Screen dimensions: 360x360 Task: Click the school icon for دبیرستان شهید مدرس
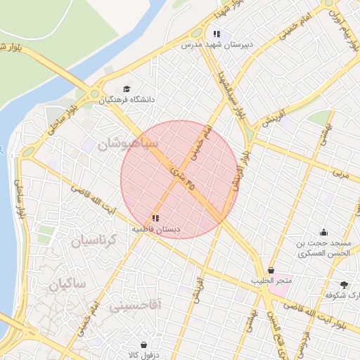(x=217, y=33)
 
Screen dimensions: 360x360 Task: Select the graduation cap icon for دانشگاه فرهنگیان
(x=127, y=89)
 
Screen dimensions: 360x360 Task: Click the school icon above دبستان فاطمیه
(x=155, y=218)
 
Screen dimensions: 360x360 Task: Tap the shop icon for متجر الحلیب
(x=271, y=271)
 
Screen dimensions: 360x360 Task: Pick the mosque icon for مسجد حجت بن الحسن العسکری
(x=323, y=232)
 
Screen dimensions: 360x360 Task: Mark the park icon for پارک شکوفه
(x=343, y=285)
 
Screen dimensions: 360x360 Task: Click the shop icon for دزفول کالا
(x=144, y=345)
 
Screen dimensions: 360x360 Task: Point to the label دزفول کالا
(x=145, y=356)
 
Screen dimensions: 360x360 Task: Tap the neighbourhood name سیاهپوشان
(x=127, y=145)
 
